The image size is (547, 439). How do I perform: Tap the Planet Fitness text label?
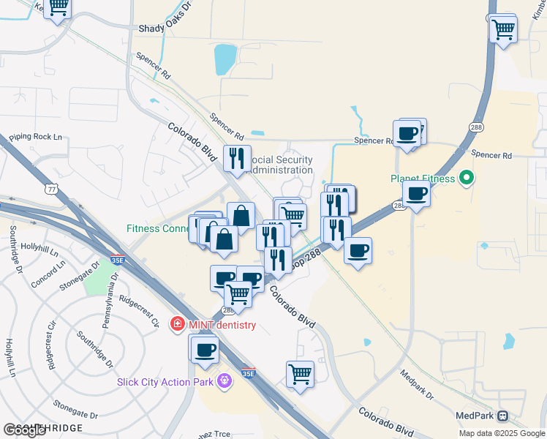(423, 178)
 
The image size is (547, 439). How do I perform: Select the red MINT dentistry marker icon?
(176, 324)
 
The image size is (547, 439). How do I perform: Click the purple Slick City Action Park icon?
(224, 381)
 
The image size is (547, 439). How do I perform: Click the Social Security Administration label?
(281, 165)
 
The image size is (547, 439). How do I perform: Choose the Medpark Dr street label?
(417, 384)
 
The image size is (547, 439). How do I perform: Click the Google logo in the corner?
(24, 429)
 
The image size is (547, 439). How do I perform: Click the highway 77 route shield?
(51, 189)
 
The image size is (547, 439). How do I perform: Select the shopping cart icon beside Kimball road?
(503, 30)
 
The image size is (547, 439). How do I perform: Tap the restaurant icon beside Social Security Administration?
(236, 159)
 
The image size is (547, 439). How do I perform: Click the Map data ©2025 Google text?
(502, 433)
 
